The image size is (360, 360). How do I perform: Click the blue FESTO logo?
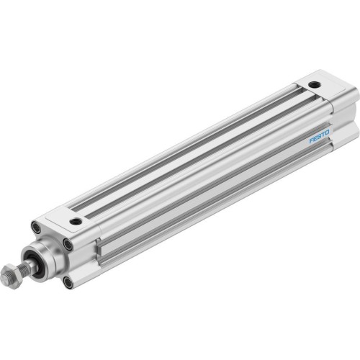click(319, 135)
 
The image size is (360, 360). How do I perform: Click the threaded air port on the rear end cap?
click(315, 85)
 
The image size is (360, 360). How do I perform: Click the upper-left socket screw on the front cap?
click(35, 228)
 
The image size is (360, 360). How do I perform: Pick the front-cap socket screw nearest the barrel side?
click(68, 245)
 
